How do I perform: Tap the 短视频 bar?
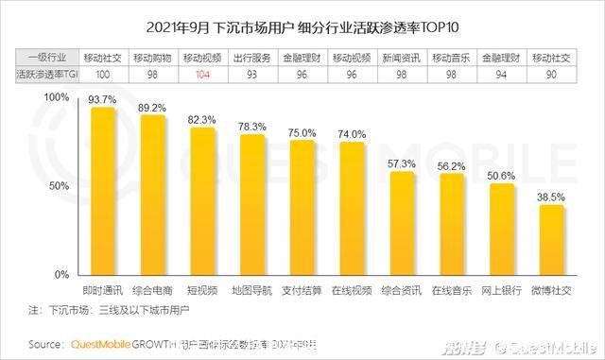[x=202, y=202]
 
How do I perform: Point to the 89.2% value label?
[x=152, y=108]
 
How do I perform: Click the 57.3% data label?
[x=402, y=164]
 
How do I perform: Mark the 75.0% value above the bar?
[x=302, y=133]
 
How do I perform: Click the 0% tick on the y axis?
[x=60, y=275]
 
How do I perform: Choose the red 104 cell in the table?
[x=202, y=72]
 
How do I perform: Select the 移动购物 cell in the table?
[x=152, y=57]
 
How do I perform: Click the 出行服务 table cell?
[x=251, y=57]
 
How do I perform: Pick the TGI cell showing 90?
[x=551, y=72]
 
